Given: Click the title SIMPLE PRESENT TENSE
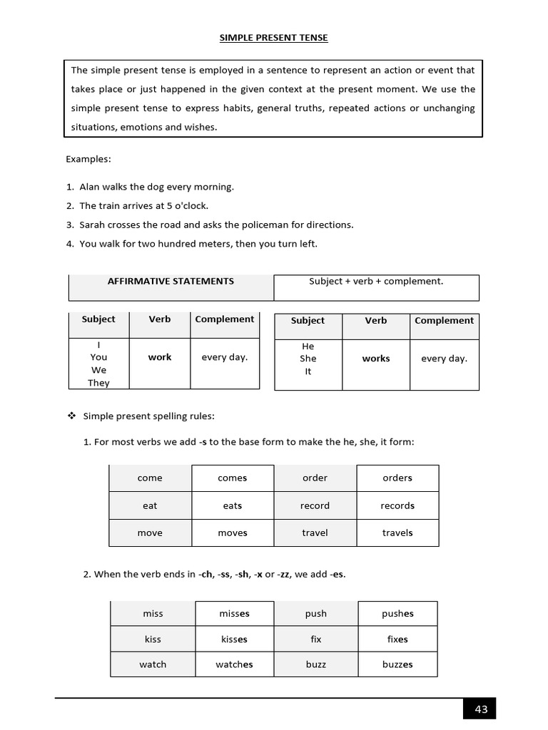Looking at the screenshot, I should click(x=273, y=38).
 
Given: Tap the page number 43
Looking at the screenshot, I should click(x=480, y=709).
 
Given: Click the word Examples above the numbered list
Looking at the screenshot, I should click(x=88, y=159).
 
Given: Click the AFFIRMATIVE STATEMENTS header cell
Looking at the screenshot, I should click(x=171, y=282).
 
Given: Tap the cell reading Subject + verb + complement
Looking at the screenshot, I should click(x=376, y=282).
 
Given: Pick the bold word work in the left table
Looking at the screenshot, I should click(x=160, y=357).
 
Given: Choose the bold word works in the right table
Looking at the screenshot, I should click(x=376, y=359).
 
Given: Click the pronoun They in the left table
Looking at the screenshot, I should click(x=98, y=383).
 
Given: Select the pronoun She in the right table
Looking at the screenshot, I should click(x=308, y=359).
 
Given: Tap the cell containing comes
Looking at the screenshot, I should click(x=233, y=478).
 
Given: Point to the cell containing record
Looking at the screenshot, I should click(x=315, y=506).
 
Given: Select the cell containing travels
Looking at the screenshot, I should click(x=397, y=533).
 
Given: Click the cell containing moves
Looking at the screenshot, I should click(x=233, y=533).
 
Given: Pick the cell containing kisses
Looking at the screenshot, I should click(x=234, y=639).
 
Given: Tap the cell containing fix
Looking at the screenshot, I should click(x=316, y=639).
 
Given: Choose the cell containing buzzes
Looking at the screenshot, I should click(x=397, y=664).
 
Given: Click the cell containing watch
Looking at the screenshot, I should click(x=153, y=664).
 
